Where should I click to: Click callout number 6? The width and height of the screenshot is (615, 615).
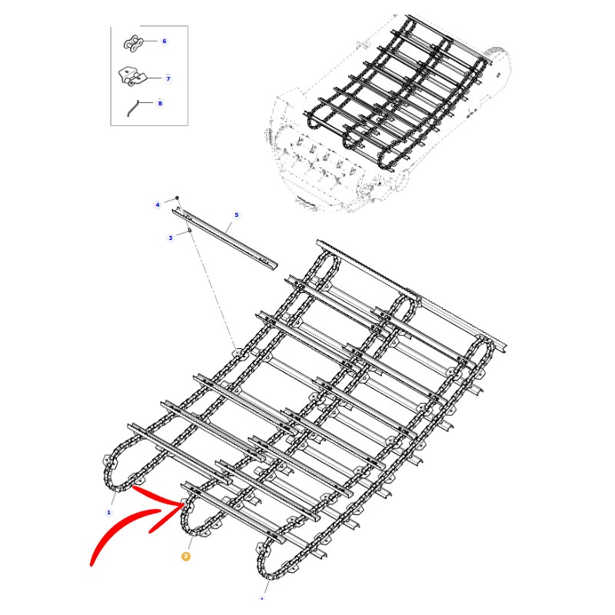point(165,42)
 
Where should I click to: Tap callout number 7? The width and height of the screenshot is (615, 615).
point(168,78)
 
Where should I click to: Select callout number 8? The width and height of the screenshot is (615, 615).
point(160,104)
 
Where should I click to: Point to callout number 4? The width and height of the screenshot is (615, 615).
point(158,204)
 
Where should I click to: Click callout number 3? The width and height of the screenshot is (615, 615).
point(170,238)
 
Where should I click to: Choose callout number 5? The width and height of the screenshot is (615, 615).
point(237,215)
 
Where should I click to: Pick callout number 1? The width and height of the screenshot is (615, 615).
point(109,512)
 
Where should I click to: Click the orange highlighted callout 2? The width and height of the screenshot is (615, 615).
point(185,556)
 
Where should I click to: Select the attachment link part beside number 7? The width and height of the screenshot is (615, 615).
point(131,76)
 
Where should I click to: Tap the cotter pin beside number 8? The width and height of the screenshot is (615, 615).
point(133,108)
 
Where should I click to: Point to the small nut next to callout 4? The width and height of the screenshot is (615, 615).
point(177,198)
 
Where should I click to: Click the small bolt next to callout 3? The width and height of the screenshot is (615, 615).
point(189,230)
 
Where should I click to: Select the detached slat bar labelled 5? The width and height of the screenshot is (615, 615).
point(224,238)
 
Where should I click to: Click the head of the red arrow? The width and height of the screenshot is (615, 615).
point(183,504)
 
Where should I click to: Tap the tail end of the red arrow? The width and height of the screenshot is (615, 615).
point(91,564)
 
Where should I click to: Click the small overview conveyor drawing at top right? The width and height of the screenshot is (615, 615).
point(387,114)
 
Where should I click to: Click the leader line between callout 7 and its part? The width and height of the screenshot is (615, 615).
point(155,78)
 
